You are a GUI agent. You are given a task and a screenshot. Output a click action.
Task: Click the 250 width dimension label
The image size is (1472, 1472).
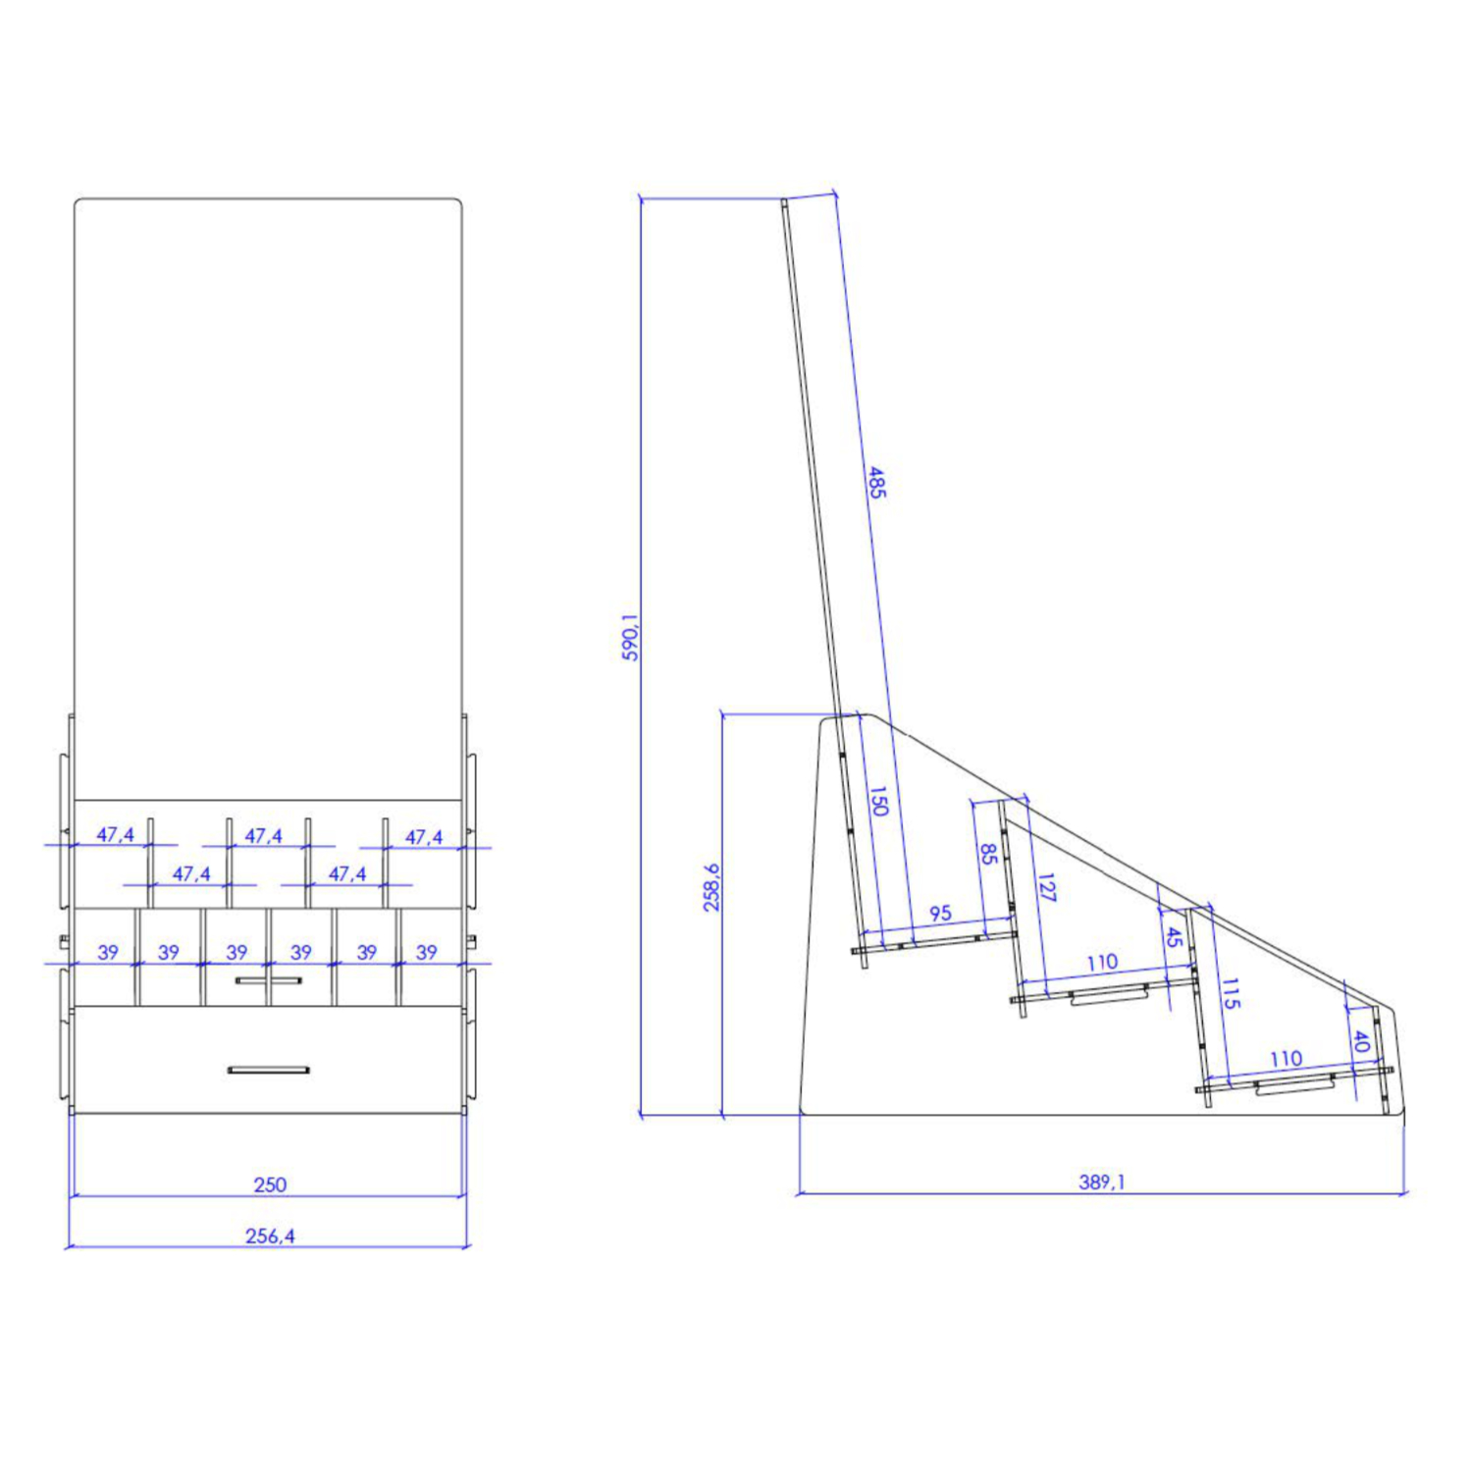tap(270, 1184)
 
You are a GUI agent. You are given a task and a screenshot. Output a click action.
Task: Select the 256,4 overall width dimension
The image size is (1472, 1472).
tap(270, 1235)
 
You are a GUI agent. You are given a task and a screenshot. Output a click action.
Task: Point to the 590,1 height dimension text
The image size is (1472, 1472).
tap(630, 637)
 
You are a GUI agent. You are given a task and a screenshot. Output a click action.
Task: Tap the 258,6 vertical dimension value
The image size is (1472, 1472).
tap(711, 887)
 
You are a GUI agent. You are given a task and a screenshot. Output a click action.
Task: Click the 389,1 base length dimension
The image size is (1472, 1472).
tap(1101, 1182)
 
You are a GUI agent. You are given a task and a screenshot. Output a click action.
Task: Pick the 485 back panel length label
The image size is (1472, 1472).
tap(876, 482)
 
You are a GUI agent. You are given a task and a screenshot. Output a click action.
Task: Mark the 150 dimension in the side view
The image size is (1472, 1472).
tap(878, 801)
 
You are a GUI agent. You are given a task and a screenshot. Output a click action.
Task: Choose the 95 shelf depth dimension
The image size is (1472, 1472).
tap(940, 913)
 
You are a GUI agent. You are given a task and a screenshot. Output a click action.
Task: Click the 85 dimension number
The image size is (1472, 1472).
tap(988, 854)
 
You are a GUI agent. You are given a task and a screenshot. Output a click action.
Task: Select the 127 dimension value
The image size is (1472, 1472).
tap(1045, 887)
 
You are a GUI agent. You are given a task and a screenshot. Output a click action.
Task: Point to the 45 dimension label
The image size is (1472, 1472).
tap(1173, 936)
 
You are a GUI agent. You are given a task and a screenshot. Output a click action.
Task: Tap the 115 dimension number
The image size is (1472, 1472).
tap(1231, 993)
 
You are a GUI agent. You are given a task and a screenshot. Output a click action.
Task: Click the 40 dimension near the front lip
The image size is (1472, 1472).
tap(1360, 1040)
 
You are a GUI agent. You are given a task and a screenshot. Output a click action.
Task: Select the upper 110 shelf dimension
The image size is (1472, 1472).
tap(1102, 963)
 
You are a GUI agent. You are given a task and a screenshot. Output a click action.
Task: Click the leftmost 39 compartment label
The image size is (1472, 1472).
tap(108, 952)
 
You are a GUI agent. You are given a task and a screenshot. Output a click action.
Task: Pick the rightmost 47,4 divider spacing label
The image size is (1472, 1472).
tap(423, 837)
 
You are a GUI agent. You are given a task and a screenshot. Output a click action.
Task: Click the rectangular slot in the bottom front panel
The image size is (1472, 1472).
tap(268, 1070)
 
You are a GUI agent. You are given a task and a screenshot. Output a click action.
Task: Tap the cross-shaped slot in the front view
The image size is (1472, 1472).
tap(268, 979)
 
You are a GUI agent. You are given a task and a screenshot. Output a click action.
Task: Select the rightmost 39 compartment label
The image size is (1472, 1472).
tap(426, 952)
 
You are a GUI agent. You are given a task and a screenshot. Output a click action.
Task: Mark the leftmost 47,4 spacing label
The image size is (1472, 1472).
tap(115, 835)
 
